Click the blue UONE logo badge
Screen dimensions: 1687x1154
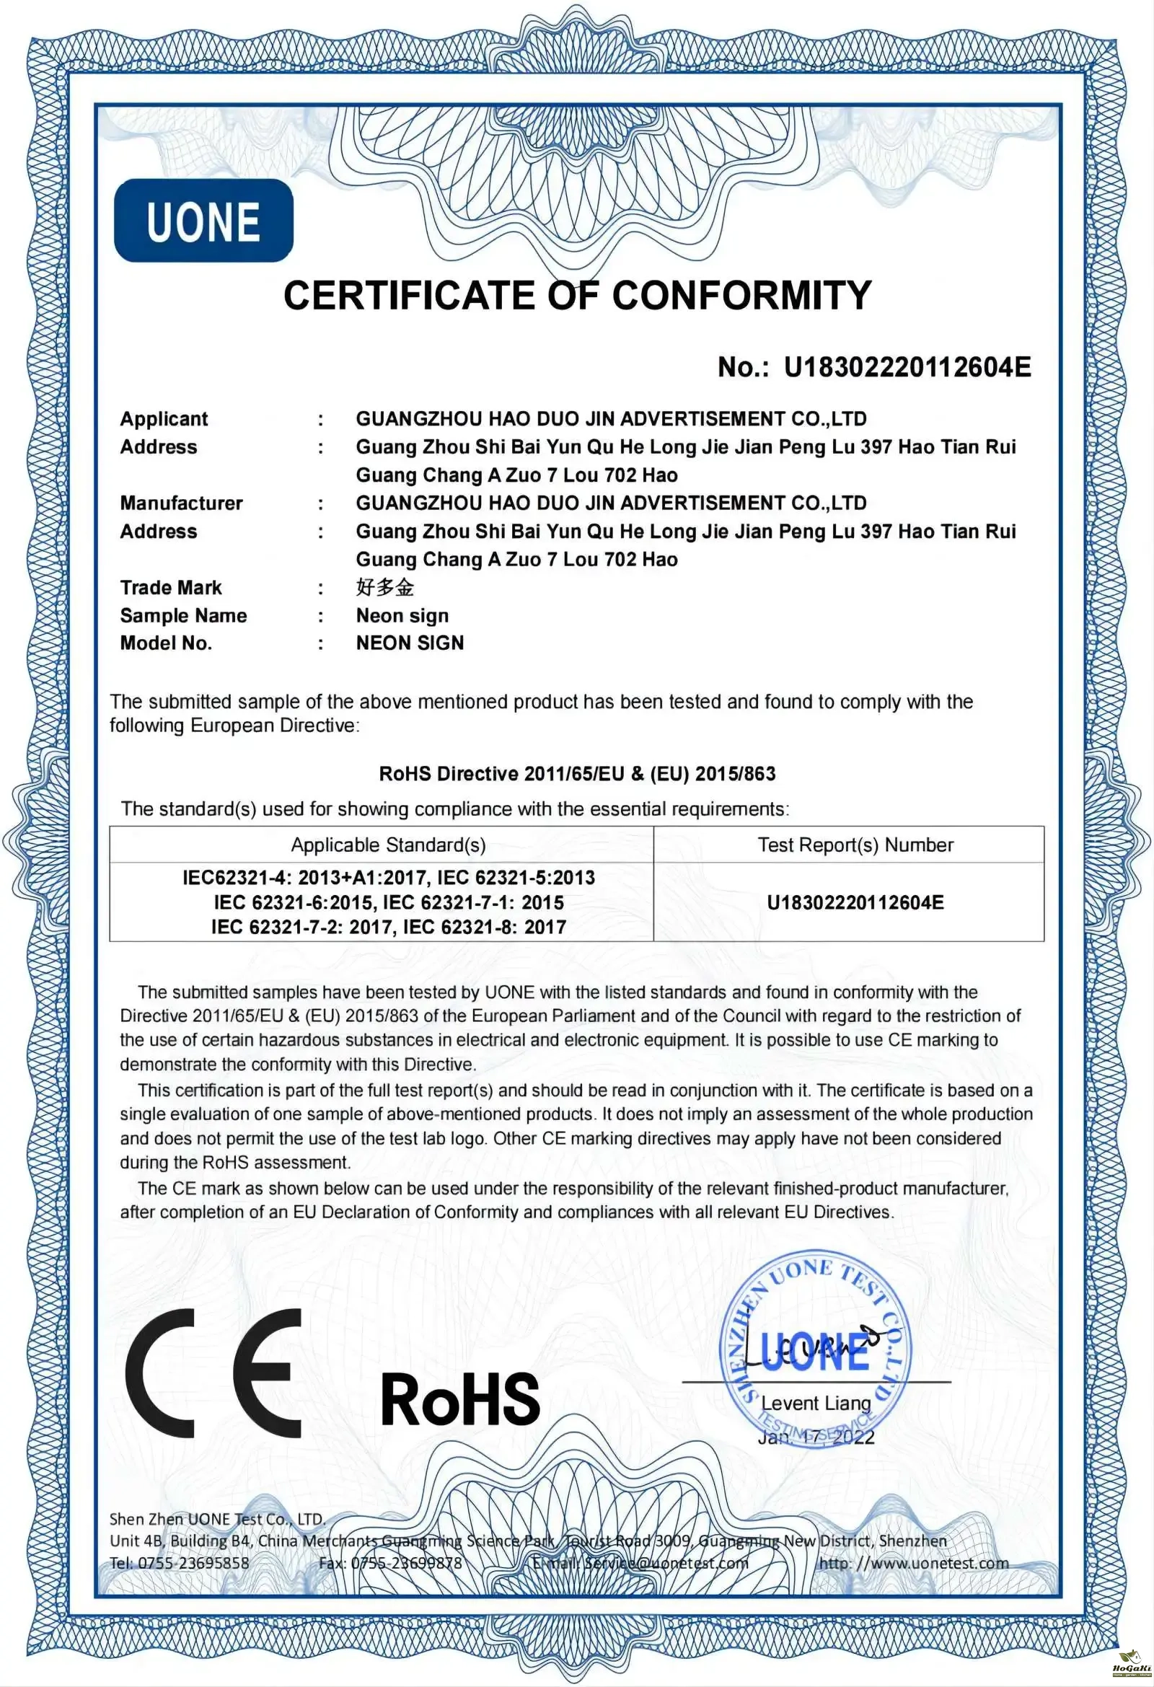point(203,221)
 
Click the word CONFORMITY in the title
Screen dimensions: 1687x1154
point(741,296)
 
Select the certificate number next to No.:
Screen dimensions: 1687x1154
point(907,367)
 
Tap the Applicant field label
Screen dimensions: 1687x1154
point(164,419)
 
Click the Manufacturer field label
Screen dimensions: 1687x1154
point(182,503)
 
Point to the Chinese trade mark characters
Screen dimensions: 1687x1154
point(384,587)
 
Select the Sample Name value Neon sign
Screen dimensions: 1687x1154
point(402,615)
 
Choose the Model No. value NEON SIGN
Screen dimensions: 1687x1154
point(410,643)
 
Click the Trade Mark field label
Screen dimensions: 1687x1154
point(170,587)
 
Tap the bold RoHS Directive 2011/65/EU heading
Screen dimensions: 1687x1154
point(577,774)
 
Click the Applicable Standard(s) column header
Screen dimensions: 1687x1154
point(388,845)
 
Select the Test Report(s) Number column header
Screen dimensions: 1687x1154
point(855,845)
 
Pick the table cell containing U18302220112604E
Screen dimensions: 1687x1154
point(855,902)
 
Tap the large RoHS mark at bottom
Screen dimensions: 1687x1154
point(460,1399)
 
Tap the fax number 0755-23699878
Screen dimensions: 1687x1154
point(407,1563)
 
